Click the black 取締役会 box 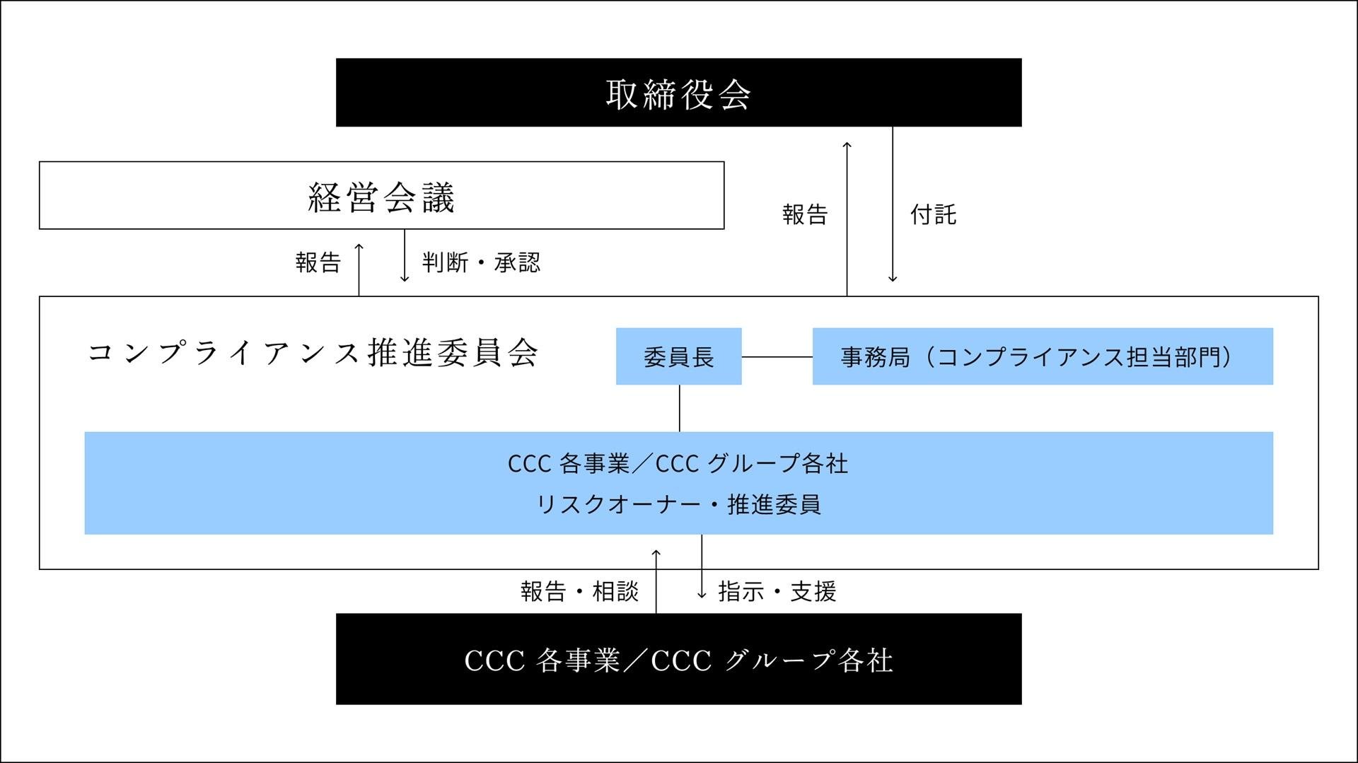click(x=678, y=93)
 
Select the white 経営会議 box click(x=381, y=196)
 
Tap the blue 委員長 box click(x=678, y=356)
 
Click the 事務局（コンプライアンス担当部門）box click(x=1042, y=356)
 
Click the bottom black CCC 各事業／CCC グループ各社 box click(x=678, y=659)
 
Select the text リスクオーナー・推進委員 click(x=678, y=504)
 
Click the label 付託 click(x=933, y=214)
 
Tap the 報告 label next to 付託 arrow click(x=805, y=214)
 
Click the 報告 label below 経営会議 click(x=318, y=262)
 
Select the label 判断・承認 click(x=481, y=262)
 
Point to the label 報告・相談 click(x=579, y=591)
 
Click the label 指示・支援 click(x=777, y=591)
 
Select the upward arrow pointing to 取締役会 click(x=847, y=219)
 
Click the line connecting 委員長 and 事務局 click(x=777, y=357)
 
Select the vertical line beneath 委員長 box click(x=680, y=408)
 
